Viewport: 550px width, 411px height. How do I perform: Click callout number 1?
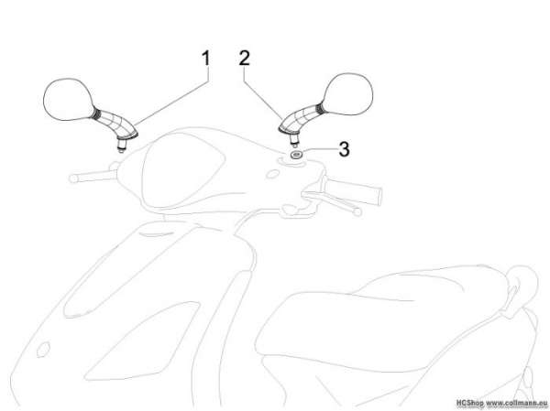click(x=206, y=58)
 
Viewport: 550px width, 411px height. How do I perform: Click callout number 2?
click(x=245, y=58)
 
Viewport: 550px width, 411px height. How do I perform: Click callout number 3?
click(x=344, y=149)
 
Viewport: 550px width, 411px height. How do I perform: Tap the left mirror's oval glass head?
click(x=68, y=100)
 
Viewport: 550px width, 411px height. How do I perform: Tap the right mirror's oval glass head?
click(x=347, y=94)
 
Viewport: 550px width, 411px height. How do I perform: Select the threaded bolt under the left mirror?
click(x=121, y=145)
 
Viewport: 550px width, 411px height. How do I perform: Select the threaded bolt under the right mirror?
click(x=294, y=139)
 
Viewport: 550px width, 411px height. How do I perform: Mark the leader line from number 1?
click(x=172, y=102)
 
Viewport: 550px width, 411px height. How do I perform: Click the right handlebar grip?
click(x=354, y=192)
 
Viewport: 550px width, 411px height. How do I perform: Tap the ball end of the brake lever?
click(x=357, y=211)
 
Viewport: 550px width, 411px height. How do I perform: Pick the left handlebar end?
click(x=73, y=178)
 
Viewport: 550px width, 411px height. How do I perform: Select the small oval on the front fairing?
click(x=43, y=350)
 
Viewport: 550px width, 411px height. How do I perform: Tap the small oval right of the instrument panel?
click(x=272, y=174)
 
